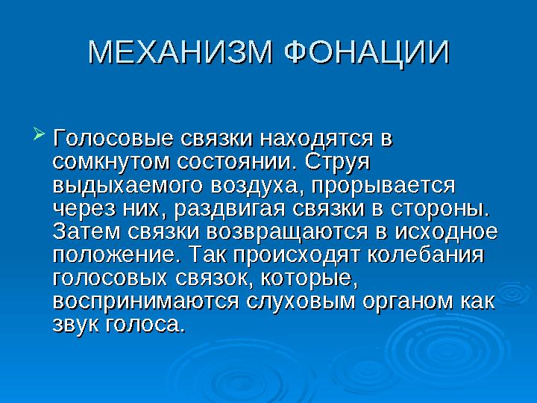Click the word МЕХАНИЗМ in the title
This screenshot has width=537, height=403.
click(x=181, y=53)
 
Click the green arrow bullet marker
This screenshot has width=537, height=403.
click(x=39, y=134)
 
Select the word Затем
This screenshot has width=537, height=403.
click(x=87, y=232)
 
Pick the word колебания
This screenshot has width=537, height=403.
click(x=426, y=255)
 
